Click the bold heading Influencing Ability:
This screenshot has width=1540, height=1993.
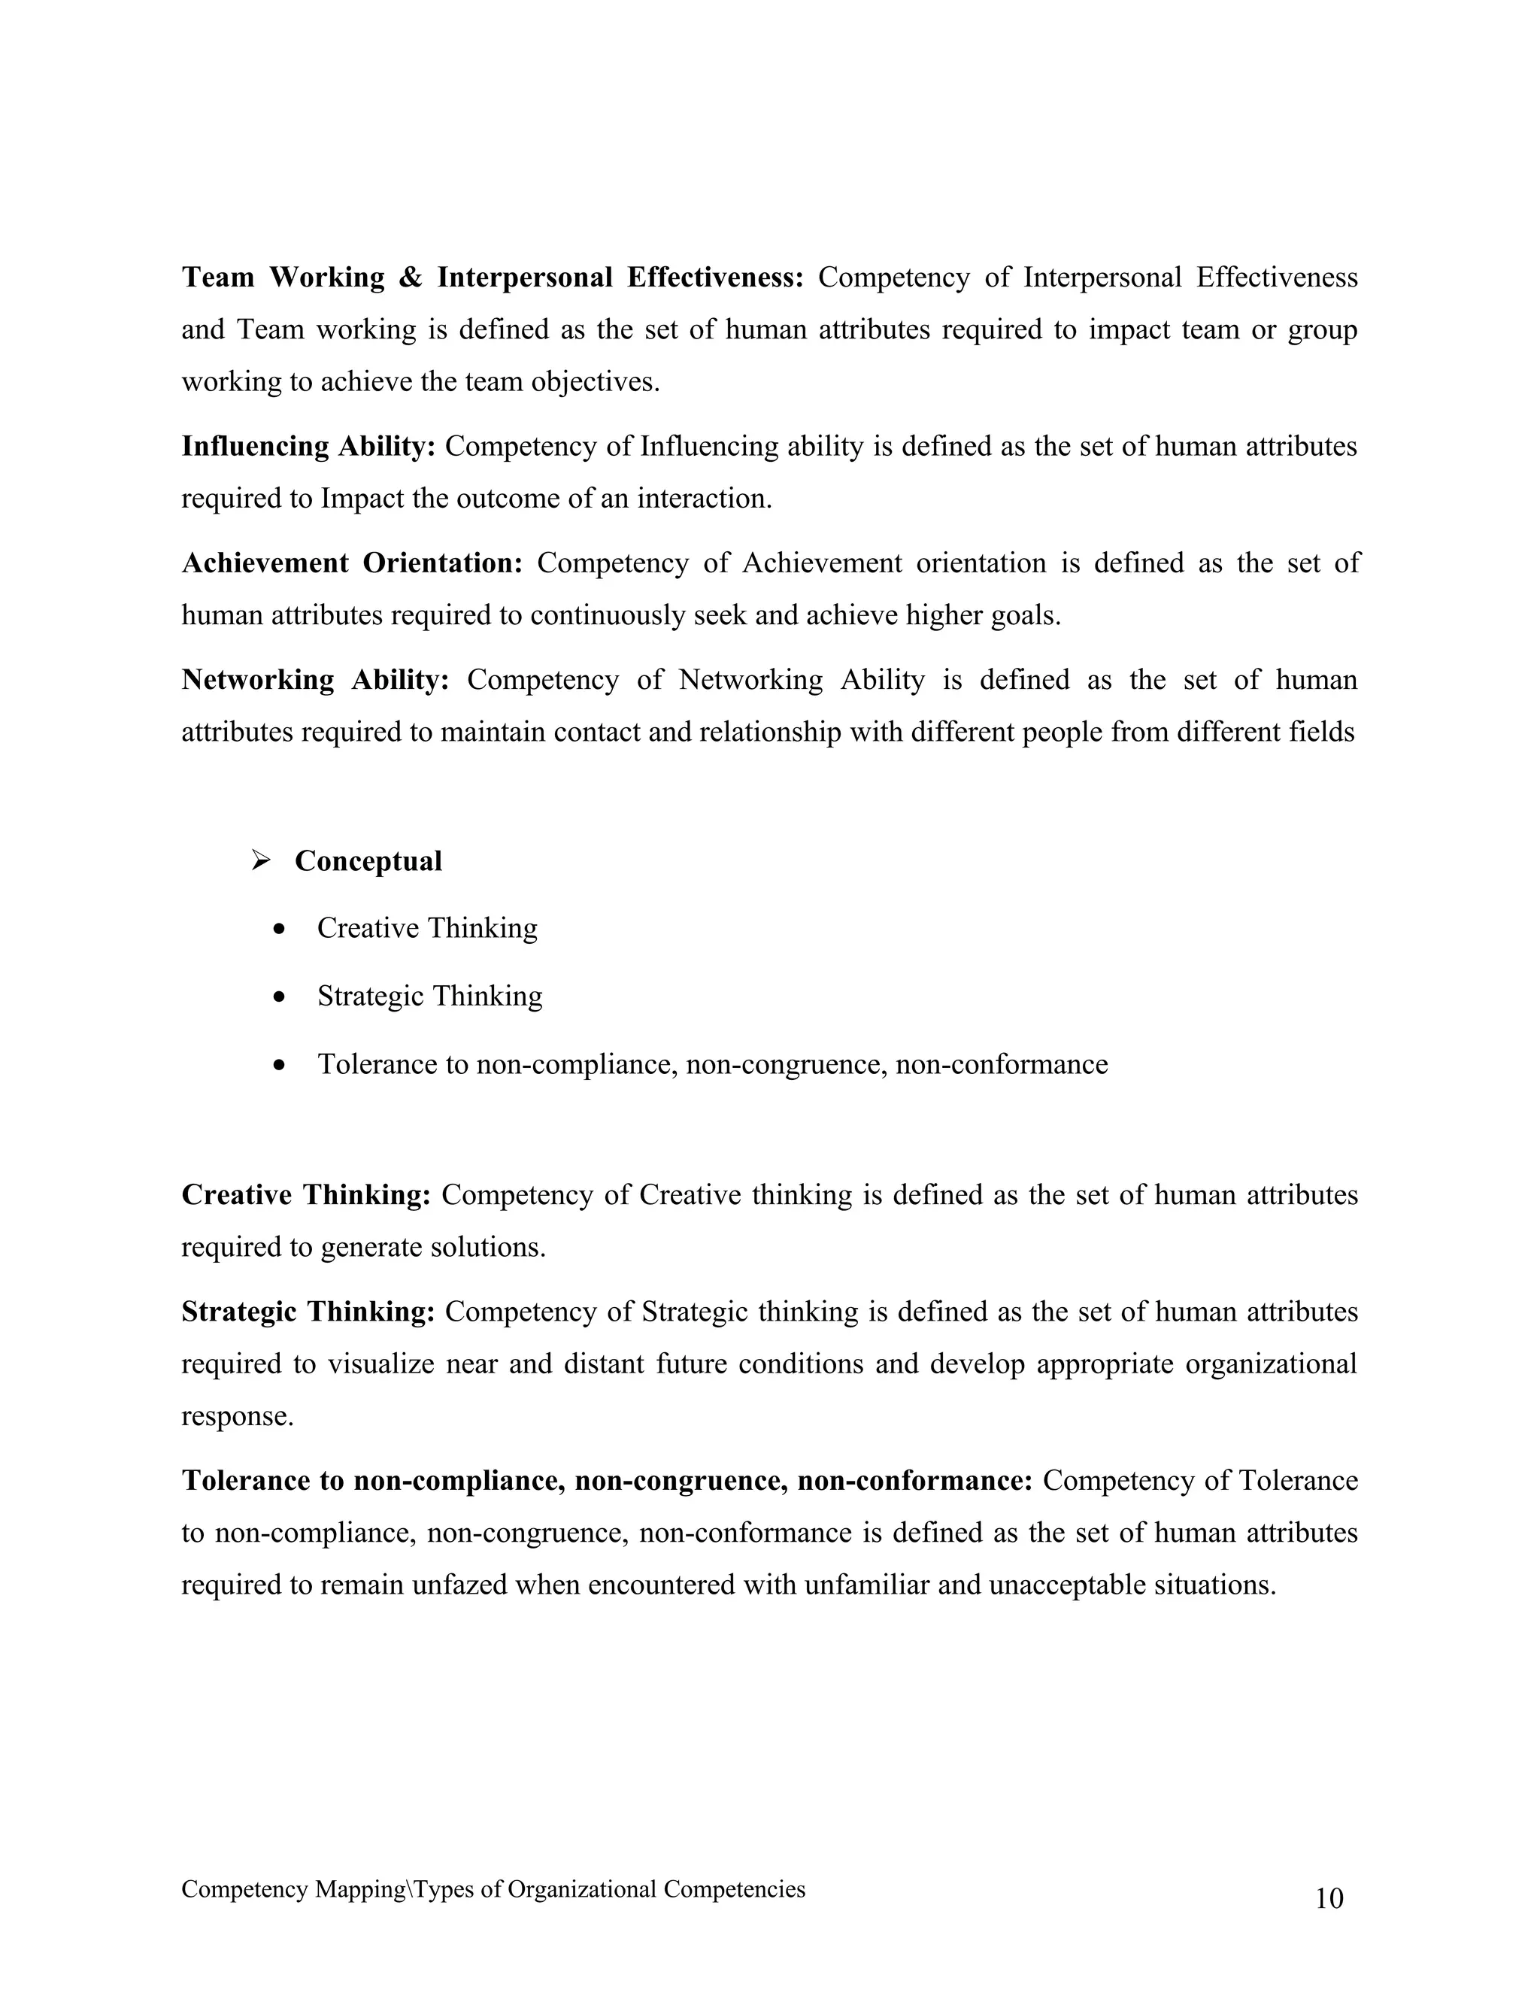[x=308, y=446]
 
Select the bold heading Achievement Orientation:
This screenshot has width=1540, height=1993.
[x=351, y=563]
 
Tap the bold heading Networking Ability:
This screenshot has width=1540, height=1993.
[x=315, y=680]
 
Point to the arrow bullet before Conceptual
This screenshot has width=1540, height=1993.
[x=261, y=860]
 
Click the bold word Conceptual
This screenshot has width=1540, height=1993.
[x=368, y=860]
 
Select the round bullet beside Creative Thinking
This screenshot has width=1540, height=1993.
[x=280, y=929]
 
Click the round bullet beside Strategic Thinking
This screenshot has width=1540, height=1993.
[x=280, y=996]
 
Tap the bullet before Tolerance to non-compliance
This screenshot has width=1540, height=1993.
[x=280, y=1065]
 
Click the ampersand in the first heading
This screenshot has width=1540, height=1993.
[x=411, y=278]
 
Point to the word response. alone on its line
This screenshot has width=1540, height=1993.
[x=237, y=1416]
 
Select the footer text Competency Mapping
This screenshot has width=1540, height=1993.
[x=293, y=1889]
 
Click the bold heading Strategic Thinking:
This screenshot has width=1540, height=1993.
[x=308, y=1312]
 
